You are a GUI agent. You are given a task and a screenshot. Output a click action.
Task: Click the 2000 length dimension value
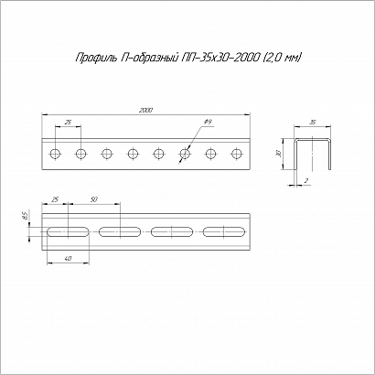pyautogui.click(x=145, y=111)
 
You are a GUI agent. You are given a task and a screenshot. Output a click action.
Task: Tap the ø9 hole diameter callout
pyautogui.click(x=208, y=122)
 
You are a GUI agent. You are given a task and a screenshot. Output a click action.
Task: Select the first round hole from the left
pyautogui.click(x=55, y=154)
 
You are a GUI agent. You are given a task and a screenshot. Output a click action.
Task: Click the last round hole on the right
pyautogui.click(x=236, y=154)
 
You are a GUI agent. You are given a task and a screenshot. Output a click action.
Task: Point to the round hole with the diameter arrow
pyautogui.click(x=184, y=154)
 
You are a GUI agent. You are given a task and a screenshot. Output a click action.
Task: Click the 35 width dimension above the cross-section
pyautogui.click(x=312, y=123)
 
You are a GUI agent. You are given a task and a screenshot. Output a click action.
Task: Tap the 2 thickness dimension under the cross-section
pyautogui.click(x=306, y=181)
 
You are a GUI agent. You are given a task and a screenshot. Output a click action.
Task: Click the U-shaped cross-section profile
pyautogui.click(x=312, y=140)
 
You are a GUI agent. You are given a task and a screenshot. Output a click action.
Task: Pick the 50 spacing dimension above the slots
pyautogui.click(x=94, y=199)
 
